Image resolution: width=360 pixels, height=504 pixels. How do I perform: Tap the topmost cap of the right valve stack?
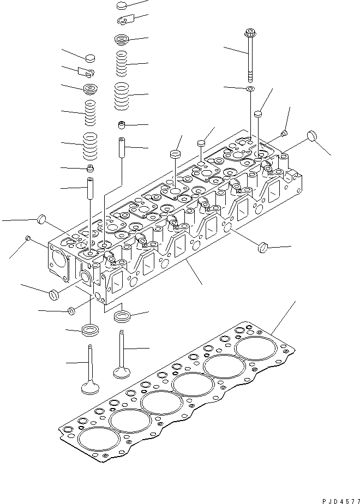pyautogui.click(x=125, y=6)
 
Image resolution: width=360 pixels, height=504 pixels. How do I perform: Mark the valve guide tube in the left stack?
pyautogui.click(x=91, y=188)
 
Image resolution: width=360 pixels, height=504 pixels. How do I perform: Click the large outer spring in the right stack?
pyautogui.click(x=123, y=95)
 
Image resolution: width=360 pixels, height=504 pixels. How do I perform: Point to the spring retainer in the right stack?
pyautogui.click(x=122, y=39)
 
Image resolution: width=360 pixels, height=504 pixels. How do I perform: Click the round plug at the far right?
pyautogui.click(x=313, y=135)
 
